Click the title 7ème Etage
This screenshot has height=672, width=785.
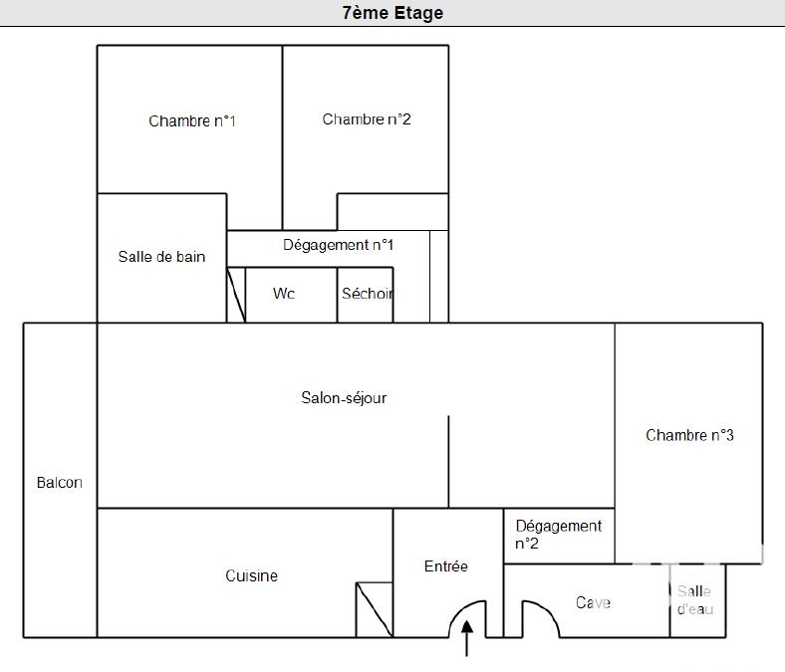(392, 13)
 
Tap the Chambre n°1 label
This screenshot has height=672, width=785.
(192, 121)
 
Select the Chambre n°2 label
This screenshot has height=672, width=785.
(367, 119)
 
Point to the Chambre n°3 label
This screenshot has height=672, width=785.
(689, 435)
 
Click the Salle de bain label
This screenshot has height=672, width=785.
(161, 257)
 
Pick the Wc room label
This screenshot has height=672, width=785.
(284, 294)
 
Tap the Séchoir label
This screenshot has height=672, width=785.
(367, 294)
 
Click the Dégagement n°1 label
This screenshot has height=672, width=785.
(339, 245)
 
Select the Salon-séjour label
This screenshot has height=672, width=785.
(344, 398)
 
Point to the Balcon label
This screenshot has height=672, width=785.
(60, 483)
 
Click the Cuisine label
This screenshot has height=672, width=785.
(251, 575)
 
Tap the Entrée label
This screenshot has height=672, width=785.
(445, 566)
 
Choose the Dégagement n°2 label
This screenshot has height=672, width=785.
(558, 535)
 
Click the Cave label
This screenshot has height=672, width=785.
(593, 602)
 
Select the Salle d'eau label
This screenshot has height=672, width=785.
(694, 600)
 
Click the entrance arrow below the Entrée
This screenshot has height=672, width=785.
(467, 639)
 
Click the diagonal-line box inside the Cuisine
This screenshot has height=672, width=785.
(374, 609)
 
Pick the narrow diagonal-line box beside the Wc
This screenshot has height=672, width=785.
(236, 295)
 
